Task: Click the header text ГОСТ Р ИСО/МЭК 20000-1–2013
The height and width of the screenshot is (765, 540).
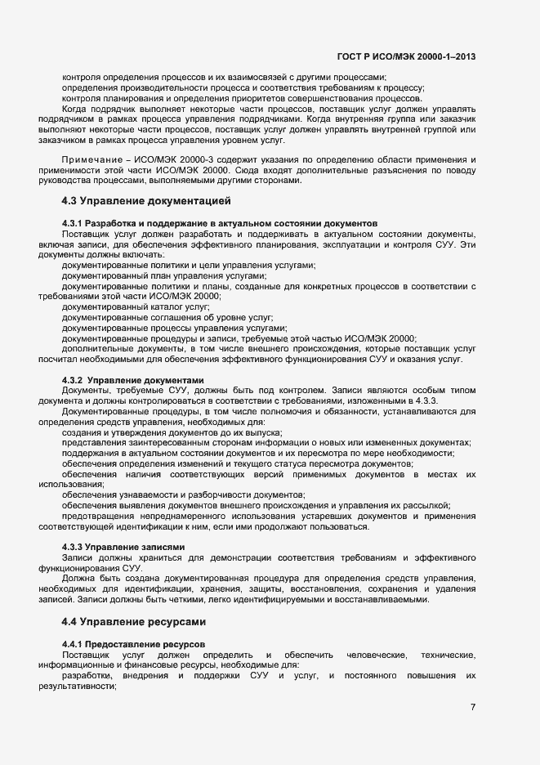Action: click(406, 56)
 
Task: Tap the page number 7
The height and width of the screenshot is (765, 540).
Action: click(473, 707)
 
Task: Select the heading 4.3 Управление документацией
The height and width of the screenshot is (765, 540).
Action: click(146, 200)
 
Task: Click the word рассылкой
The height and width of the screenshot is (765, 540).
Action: click(426, 505)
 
